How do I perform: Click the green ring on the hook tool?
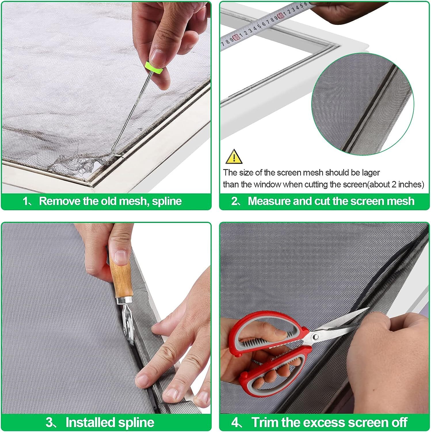(x=155, y=68)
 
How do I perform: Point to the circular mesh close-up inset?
(x=363, y=105)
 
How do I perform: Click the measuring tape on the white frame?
(x=265, y=24)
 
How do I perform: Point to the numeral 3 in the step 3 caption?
(x=49, y=423)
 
